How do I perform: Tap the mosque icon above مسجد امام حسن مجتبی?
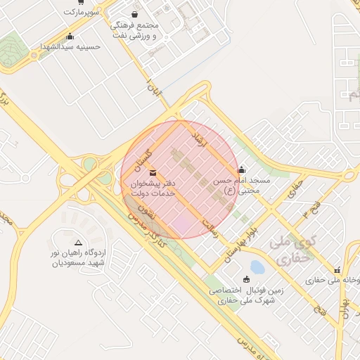(242, 169)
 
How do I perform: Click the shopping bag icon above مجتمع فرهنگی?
(135, 14)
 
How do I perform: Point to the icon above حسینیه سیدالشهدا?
(69, 37)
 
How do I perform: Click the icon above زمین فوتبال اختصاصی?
(245, 279)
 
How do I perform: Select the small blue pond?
(257, 267)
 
